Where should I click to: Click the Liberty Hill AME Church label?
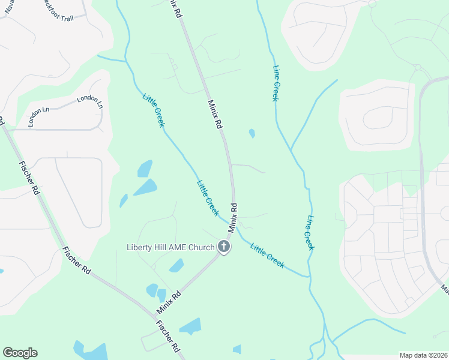(x=170, y=247)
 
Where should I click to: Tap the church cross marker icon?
(x=224, y=247)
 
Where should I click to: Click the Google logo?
(x=20, y=353)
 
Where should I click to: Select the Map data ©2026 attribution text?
(x=424, y=355)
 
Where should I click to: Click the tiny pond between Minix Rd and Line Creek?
(x=252, y=133)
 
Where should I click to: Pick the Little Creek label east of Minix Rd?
(x=267, y=256)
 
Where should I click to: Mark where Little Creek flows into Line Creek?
(x=310, y=277)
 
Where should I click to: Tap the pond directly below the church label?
(x=176, y=266)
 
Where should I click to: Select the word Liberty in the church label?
(x=139, y=247)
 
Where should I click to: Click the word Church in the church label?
(x=200, y=247)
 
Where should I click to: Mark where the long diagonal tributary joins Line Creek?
(x=291, y=149)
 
